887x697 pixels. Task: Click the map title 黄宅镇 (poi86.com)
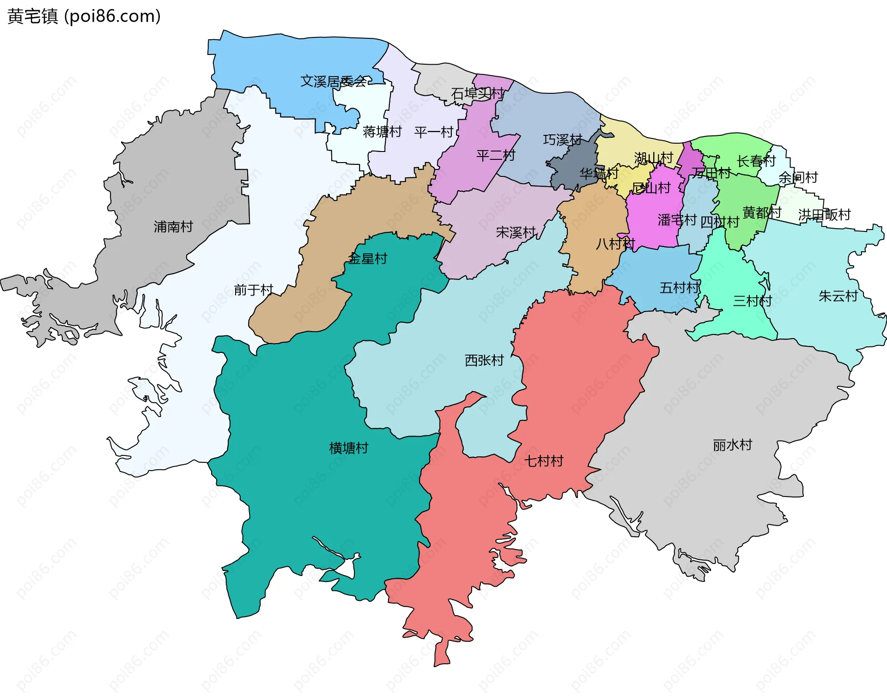[x=84, y=16]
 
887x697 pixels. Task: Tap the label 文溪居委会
[x=334, y=82]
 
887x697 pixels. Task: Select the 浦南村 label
[x=173, y=226]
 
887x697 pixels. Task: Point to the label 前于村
[x=254, y=290]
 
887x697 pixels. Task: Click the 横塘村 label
[x=349, y=448]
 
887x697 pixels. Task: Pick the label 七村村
[x=544, y=461]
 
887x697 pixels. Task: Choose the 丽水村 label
[x=733, y=445]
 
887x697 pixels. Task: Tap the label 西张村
[x=484, y=360]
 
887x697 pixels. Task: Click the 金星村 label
[x=368, y=258]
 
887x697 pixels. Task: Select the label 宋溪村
[x=516, y=232]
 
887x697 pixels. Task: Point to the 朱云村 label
[x=838, y=296]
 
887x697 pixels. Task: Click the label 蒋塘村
[x=382, y=132]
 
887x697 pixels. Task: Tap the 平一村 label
[x=434, y=132]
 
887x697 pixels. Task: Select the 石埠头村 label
[x=477, y=94]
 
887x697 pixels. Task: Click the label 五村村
[x=679, y=288]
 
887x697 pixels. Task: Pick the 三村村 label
[x=753, y=301]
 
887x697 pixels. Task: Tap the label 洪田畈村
[x=825, y=214]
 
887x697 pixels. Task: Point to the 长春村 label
[x=756, y=161]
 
